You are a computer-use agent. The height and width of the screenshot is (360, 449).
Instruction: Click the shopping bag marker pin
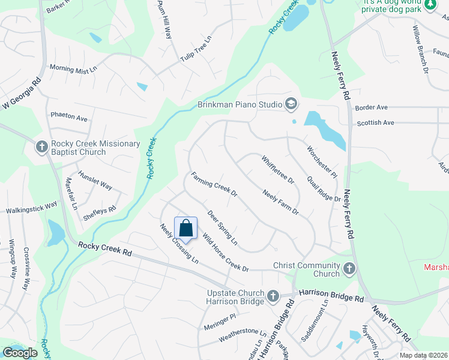pyautogui.click(x=185, y=229)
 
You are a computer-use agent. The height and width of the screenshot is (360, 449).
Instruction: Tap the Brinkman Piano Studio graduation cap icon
pyautogui.click(x=291, y=104)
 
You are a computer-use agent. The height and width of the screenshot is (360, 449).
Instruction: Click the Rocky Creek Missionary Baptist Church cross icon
pyautogui.click(x=41, y=146)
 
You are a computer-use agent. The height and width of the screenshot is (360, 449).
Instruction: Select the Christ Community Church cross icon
pyautogui.click(x=349, y=269)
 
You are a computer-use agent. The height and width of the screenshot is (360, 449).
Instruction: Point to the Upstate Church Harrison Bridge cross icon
pyautogui.click(x=273, y=296)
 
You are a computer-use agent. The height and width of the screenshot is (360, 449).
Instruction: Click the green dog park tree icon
pyautogui.click(x=430, y=5)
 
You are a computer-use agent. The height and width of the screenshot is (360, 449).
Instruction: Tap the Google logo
pyautogui.click(x=20, y=353)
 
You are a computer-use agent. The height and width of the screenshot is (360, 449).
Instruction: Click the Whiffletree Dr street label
pyautogui.click(x=277, y=169)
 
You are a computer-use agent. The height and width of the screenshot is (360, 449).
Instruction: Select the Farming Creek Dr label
pyautogui.click(x=214, y=185)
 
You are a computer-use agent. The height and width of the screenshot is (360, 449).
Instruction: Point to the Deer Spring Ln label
pyautogui.click(x=222, y=227)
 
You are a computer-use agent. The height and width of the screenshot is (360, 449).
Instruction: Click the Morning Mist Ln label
pyautogui.click(x=73, y=69)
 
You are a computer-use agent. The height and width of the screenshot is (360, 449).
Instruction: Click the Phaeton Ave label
pyautogui.click(x=69, y=116)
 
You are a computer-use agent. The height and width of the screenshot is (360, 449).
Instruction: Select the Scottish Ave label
pyautogui.click(x=375, y=122)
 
